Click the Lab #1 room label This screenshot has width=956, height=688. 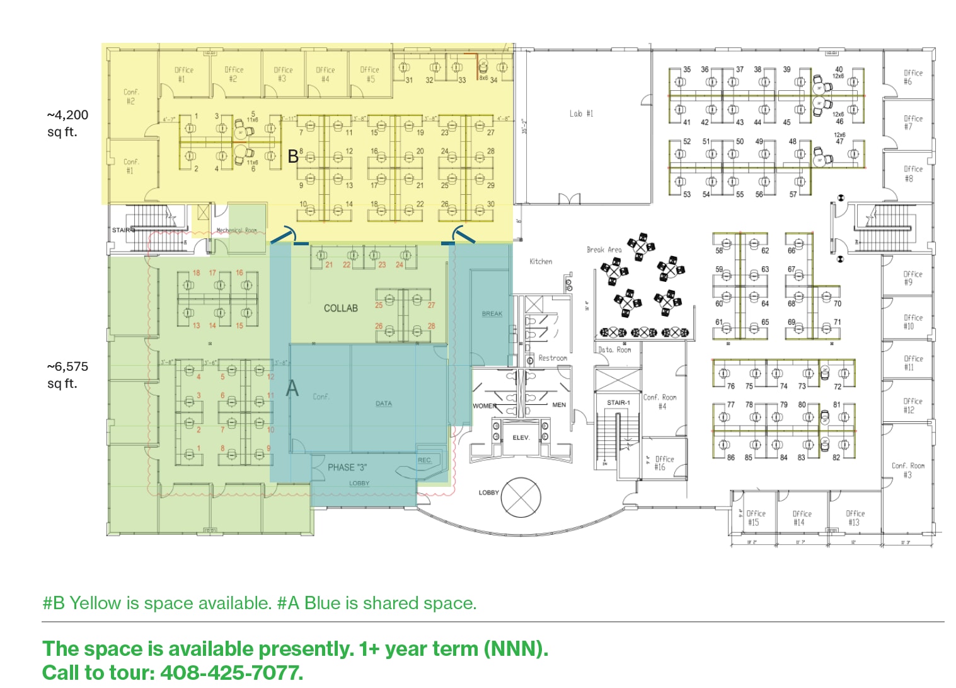581,114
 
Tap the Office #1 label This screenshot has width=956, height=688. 183,74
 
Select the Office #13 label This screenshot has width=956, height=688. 855,518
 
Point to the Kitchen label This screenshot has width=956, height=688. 541,261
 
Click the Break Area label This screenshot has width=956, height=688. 604,250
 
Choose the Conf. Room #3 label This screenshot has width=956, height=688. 907,470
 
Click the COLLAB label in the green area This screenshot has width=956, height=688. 340,308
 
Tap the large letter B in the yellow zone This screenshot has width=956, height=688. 293,156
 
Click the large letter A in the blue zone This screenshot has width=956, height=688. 292,388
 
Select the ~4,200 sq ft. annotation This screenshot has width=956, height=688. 67,123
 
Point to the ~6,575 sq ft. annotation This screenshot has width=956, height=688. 67,375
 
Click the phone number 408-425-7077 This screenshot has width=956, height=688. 231,673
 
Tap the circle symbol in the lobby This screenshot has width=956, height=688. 521,498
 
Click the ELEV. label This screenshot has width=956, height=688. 521,438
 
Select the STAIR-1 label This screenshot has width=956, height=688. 618,402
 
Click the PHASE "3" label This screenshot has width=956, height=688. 347,467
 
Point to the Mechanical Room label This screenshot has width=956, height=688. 236,230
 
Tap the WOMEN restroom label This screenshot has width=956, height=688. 485,405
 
